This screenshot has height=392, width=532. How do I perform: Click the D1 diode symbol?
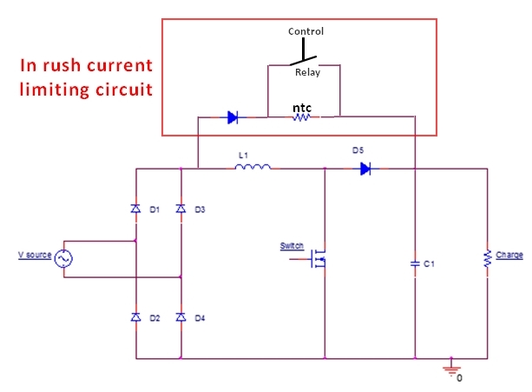135,209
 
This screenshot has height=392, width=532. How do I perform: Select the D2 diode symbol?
135,318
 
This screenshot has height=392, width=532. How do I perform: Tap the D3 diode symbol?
181,209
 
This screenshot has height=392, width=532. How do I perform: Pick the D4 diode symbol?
181,318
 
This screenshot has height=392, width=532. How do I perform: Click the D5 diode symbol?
365,169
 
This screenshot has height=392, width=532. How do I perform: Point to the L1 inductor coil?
253,167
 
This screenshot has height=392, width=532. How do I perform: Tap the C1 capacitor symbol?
416,262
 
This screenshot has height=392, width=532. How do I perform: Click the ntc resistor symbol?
299,116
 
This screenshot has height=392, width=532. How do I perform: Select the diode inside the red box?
232,116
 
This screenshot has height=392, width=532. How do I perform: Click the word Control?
305,31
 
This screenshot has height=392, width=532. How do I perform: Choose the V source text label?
34,256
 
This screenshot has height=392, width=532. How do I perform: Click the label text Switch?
292,246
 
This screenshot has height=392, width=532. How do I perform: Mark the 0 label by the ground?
460,378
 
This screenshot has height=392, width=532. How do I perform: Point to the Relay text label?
305,73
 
